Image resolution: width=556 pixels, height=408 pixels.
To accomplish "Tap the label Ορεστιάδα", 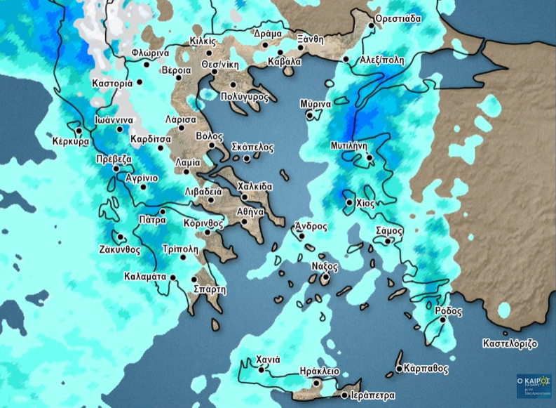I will click(x=399, y=18).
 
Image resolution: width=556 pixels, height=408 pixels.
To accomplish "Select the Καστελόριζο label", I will click(x=510, y=344).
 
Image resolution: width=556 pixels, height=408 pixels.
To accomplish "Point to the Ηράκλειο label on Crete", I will click(x=319, y=371).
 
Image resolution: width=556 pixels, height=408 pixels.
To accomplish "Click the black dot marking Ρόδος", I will click(x=443, y=320).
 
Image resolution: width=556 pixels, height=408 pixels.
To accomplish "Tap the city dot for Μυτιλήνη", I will click(x=369, y=158).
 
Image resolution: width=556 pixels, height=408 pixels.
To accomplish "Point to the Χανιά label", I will click(x=268, y=360).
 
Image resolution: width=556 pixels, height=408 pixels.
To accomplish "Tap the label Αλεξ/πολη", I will click(x=381, y=60).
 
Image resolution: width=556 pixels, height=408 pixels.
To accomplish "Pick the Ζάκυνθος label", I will click(x=119, y=249).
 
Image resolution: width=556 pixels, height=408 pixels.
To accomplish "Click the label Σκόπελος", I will click(x=253, y=148).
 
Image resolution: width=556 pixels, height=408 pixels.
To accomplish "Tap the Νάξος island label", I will click(x=325, y=267).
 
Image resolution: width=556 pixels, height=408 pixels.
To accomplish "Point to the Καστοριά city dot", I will click(x=140, y=82).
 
